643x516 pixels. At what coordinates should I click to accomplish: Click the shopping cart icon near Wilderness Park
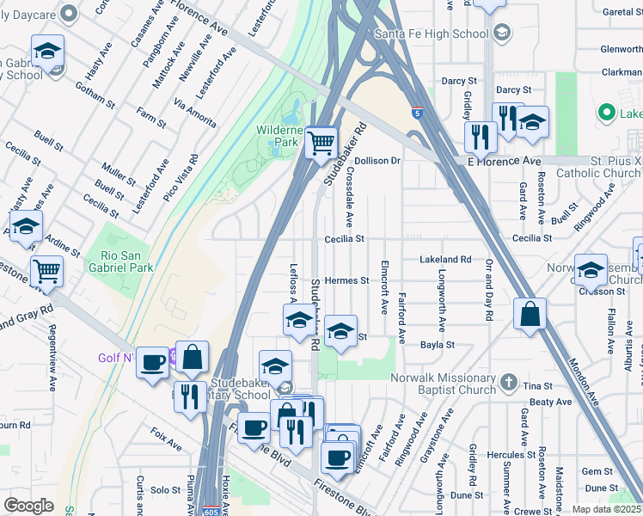(321, 142)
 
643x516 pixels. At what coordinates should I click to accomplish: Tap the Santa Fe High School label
(432, 34)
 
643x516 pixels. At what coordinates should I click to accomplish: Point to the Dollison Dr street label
(378, 161)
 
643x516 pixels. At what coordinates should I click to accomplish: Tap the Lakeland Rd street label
(445, 259)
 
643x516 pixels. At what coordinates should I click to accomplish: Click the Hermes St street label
(346, 280)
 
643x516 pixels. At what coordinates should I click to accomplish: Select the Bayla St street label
(437, 344)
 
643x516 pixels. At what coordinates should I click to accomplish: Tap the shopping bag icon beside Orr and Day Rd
(530, 314)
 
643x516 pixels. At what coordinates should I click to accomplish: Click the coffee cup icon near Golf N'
(153, 362)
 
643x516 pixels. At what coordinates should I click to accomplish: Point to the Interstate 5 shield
(417, 112)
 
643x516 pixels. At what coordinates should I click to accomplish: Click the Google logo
(28, 506)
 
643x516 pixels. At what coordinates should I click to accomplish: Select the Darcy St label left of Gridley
(453, 81)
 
